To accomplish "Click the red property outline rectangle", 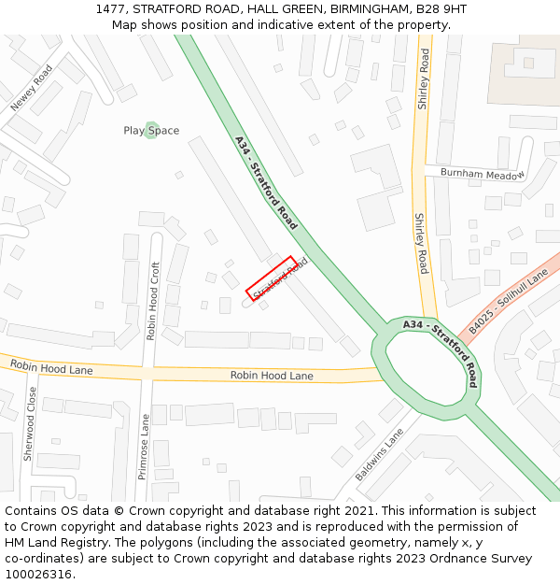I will pyautogui.click(x=272, y=278).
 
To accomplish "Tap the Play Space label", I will pyautogui.click(x=151, y=131).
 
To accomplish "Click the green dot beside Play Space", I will pyautogui.click(x=152, y=149).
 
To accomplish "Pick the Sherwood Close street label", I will pyautogui.click(x=30, y=426).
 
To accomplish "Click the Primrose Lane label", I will pyautogui.click(x=144, y=447).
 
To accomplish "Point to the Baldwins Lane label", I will pyautogui.click(x=380, y=455).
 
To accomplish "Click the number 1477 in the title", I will pyautogui.click(x=111, y=9).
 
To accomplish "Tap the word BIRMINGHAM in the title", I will pyautogui.click(x=358, y=9).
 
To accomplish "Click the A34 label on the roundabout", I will pyautogui.click(x=415, y=324).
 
